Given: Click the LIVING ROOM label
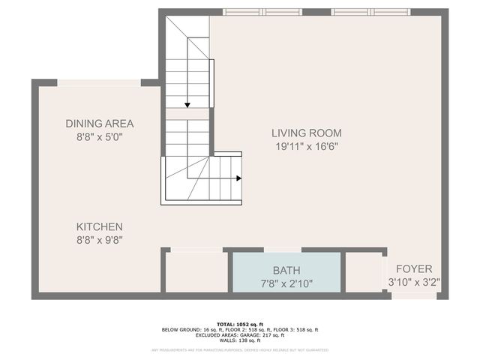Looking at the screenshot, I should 305,133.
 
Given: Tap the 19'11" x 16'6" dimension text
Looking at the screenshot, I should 305,147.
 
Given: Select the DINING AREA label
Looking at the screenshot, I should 99,124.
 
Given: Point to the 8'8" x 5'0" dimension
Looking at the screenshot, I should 99,137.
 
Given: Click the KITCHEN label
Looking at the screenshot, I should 99,226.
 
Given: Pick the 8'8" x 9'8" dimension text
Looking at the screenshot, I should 99,241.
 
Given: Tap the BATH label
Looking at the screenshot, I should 286,269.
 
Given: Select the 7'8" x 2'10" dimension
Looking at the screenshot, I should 286,283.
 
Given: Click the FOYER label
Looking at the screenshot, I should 414,268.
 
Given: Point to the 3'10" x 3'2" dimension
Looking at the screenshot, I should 414,283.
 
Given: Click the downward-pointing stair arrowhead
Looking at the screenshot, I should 187,105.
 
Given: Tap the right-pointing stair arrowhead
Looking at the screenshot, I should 238,178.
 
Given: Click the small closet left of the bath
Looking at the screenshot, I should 196,271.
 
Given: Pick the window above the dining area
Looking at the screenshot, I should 99,82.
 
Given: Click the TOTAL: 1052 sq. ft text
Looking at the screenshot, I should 240,324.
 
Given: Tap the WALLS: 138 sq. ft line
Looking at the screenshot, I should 240,340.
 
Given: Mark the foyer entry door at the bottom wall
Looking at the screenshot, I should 414,296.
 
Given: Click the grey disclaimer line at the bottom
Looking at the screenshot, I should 240,349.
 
